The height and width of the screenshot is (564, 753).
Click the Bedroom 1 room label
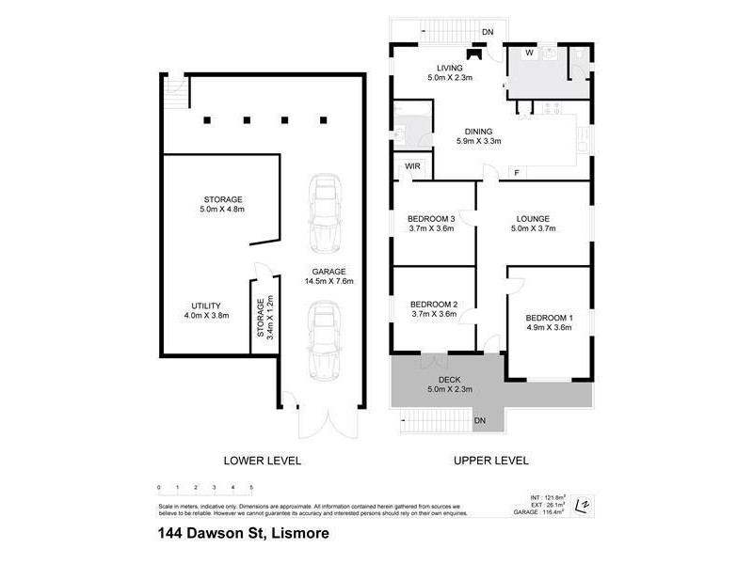pos(549,317)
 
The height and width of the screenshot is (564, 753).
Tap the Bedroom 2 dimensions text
pos(434,315)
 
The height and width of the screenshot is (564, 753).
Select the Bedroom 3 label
pos(433,219)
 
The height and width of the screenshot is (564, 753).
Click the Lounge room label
pos(530,219)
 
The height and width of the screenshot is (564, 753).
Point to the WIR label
pos(412,167)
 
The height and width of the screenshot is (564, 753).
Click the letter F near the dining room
pos(516,172)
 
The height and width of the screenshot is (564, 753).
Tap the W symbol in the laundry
pos(529,54)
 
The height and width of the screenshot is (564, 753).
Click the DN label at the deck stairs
pos(480,419)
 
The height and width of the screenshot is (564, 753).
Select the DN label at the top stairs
pos(488,33)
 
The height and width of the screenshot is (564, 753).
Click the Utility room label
pos(206,305)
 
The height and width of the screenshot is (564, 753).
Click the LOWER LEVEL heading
pos(262,461)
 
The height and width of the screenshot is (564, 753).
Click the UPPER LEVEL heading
pos(490,461)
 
